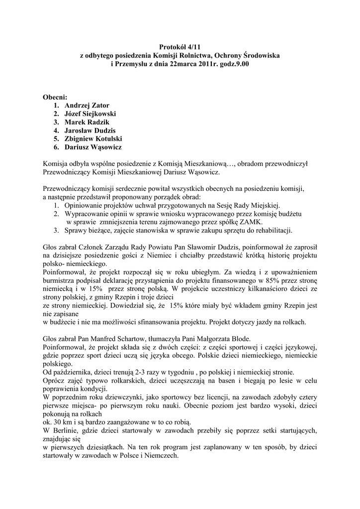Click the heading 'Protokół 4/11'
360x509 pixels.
(180, 46)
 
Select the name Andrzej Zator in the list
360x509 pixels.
(88, 105)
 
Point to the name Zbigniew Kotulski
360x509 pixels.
(93, 139)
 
